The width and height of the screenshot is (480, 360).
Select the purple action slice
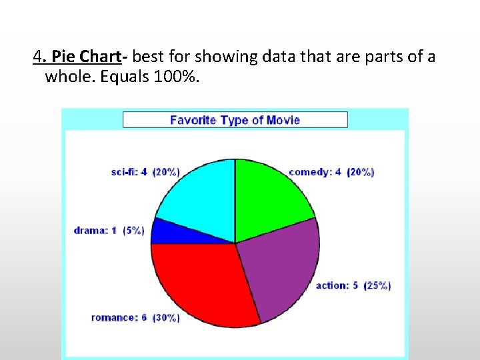[277, 267]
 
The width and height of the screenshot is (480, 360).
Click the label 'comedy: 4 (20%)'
[331, 172]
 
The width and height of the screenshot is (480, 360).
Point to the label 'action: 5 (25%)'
[353, 285]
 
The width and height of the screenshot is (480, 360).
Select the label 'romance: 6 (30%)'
[135, 317]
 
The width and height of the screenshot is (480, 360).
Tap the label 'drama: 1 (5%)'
[109, 231]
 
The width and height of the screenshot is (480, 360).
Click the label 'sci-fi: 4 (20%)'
[145, 172]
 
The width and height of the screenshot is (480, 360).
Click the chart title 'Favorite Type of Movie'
[235, 120]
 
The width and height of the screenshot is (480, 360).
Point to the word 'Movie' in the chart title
[283, 120]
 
